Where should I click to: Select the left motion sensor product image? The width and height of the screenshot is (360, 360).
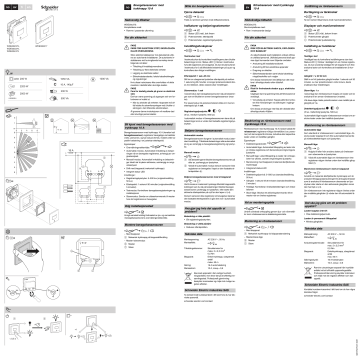tap(13, 31)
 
